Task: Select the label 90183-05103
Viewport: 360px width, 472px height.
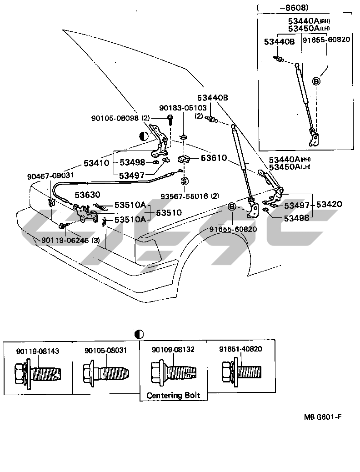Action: pyautogui.click(x=183, y=108)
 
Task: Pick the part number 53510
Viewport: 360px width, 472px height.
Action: pyautogui.click(x=169, y=212)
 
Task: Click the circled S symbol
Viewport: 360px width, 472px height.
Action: pyautogui.click(x=185, y=181)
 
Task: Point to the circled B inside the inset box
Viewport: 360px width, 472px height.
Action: pyautogui.click(x=317, y=81)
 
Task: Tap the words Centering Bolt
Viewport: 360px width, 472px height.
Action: pyautogui.click(x=173, y=396)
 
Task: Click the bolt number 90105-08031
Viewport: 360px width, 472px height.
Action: pyautogui.click(x=105, y=351)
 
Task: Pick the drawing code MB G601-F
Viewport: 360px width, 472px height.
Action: pyautogui.click(x=322, y=417)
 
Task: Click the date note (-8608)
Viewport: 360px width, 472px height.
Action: pyautogui.click(x=283, y=8)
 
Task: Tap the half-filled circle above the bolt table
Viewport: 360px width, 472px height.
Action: pyautogui.click(x=140, y=334)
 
